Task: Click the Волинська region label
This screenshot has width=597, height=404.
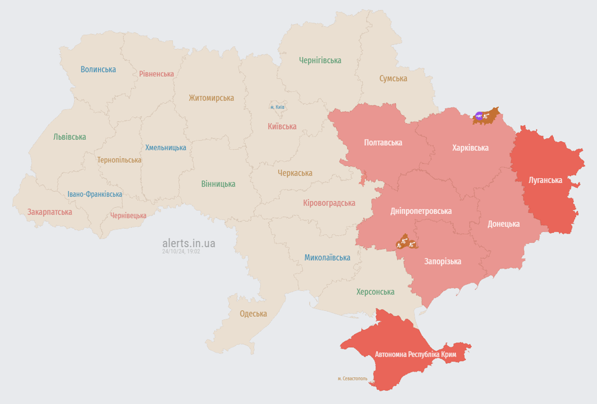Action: point(98,69)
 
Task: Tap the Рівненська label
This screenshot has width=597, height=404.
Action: point(156,74)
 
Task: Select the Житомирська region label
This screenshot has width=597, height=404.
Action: point(211,98)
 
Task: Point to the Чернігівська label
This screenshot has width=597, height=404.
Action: point(320,60)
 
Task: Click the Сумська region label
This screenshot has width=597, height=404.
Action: point(393,78)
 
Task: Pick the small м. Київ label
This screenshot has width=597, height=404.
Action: point(277,107)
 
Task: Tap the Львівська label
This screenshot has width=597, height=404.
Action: point(69,137)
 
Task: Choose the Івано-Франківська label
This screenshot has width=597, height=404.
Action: point(95,194)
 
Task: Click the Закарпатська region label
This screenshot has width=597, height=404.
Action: point(49,212)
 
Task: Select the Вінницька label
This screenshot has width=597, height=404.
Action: point(218,184)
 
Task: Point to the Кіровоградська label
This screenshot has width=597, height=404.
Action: point(329,203)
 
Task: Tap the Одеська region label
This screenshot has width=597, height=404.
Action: point(253,314)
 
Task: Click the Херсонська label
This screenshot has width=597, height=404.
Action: point(375,292)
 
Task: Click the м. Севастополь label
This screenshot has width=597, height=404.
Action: point(352,378)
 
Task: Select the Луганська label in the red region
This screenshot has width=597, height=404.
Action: point(545,180)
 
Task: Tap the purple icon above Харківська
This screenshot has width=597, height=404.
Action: point(479,115)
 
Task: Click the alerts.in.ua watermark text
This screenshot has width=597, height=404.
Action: point(188,244)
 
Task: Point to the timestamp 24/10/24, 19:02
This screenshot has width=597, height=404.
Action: point(181,251)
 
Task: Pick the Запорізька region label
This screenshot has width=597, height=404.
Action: point(443,261)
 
